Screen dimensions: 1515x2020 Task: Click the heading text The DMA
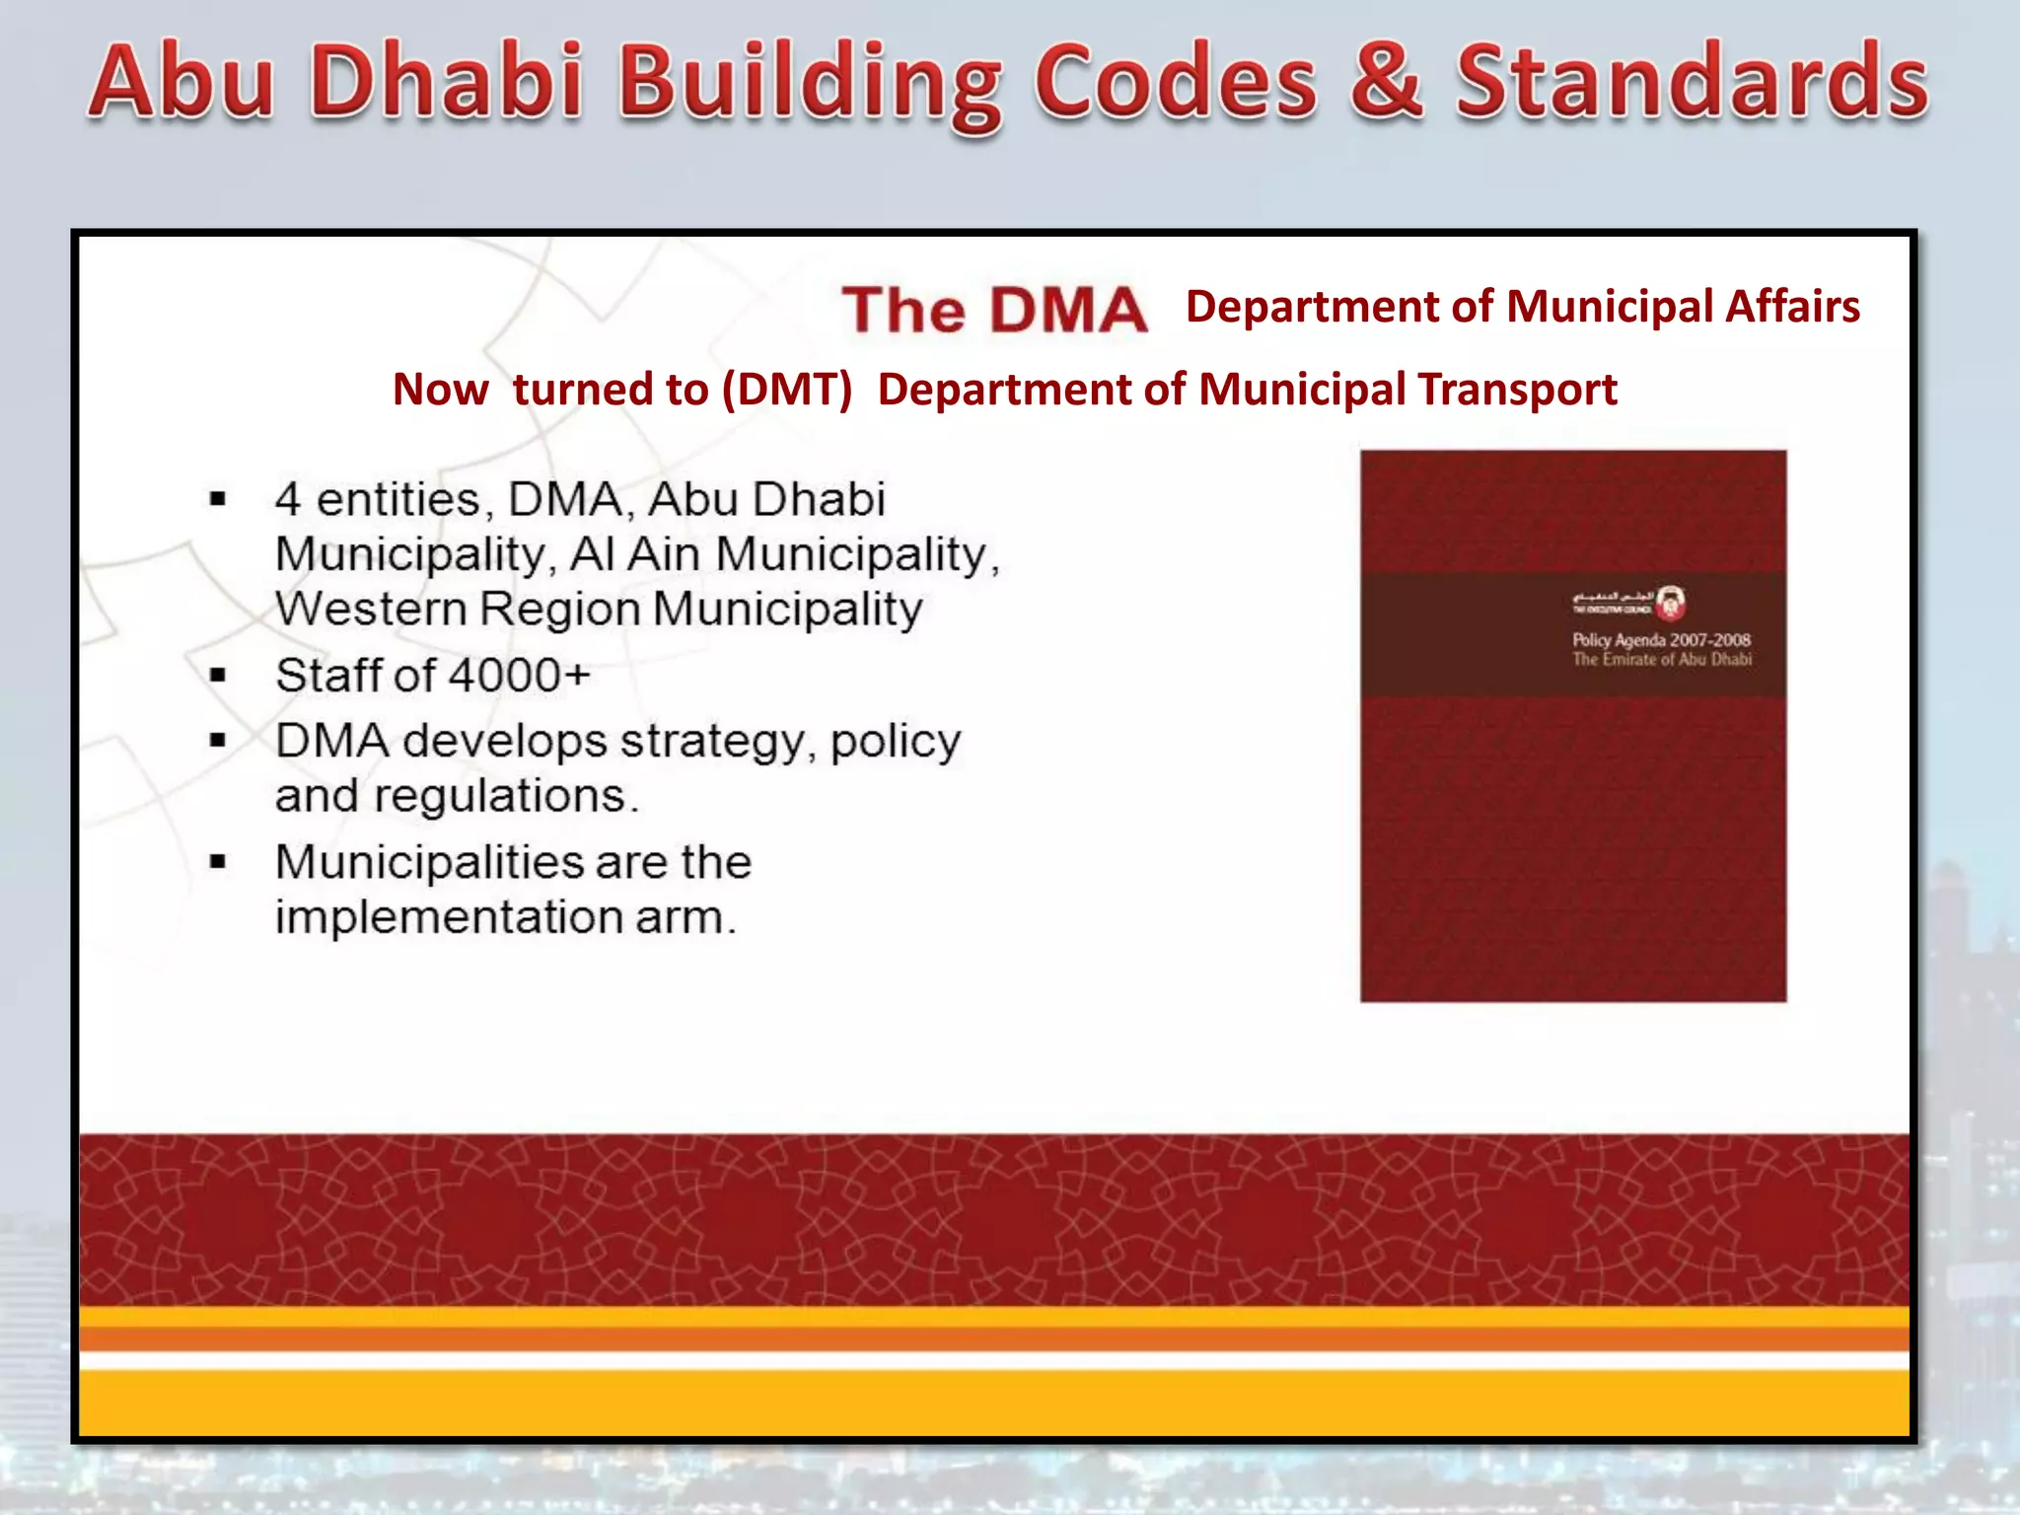click(994, 310)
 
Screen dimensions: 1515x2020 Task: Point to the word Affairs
click(1792, 307)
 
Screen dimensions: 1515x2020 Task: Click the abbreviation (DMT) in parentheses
click(786, 390)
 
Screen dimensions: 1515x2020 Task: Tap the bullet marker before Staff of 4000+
click(218, 676)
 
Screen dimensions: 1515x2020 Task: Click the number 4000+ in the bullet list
click(520, 676)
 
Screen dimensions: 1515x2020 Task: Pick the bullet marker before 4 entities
click(218, 499)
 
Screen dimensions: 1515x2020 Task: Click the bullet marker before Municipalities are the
click(218, 863)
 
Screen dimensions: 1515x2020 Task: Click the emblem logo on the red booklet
click(1671, 602)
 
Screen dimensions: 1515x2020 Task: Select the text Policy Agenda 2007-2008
click(1661, 639)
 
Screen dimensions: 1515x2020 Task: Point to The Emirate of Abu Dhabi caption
click(1662, 659)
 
